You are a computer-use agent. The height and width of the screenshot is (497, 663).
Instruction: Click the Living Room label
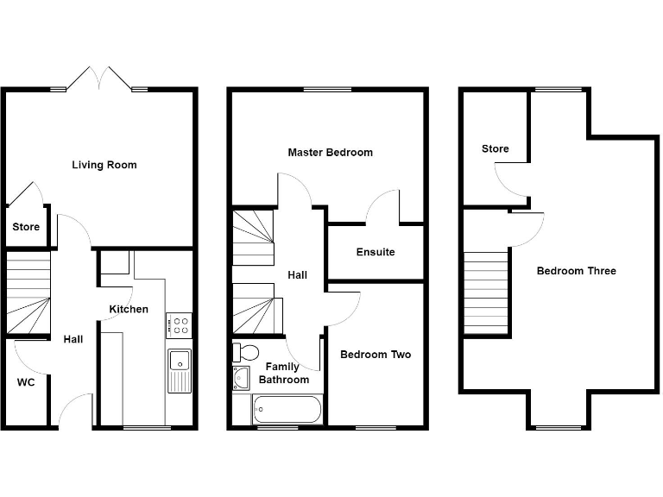point(104,165)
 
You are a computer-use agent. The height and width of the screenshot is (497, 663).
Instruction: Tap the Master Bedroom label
point(331,153)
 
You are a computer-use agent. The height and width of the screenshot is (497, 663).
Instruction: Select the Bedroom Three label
point(577,271)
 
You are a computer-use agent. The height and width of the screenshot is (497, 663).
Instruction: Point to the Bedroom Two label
point(376,355)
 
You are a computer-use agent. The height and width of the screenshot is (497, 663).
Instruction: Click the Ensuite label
point(376,252)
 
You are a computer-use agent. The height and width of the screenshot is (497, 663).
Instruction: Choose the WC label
point(26,382)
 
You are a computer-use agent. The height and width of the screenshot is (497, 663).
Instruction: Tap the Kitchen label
point(129,309)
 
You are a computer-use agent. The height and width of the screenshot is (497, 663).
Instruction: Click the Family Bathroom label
point(282,374)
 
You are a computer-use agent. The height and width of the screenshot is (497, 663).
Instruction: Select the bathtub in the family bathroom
point(287,409)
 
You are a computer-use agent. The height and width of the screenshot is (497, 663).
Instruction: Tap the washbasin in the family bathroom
point(240,378)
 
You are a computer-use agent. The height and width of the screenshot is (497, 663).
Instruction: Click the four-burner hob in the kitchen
point(180,325)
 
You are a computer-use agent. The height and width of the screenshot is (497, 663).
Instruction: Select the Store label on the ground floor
point(26,228)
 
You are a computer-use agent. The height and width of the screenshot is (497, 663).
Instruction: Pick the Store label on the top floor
point(496,149)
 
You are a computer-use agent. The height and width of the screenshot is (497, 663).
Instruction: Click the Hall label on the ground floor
point(73,339)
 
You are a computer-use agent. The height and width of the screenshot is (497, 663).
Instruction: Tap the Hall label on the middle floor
point(298,275)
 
